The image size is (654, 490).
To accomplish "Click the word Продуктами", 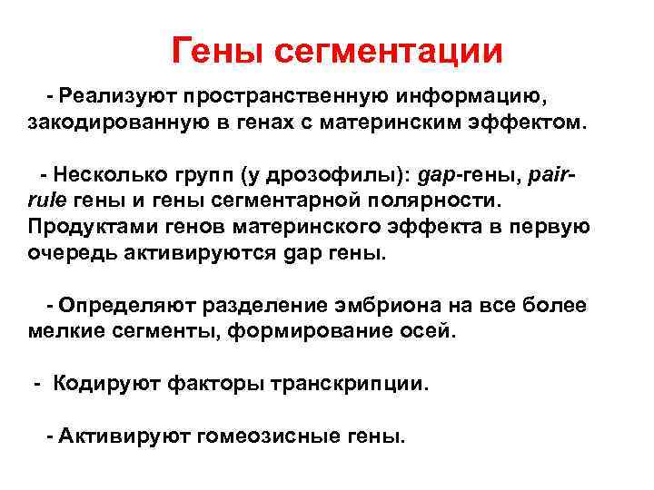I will pyautogui.click(x=85, y=225).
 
